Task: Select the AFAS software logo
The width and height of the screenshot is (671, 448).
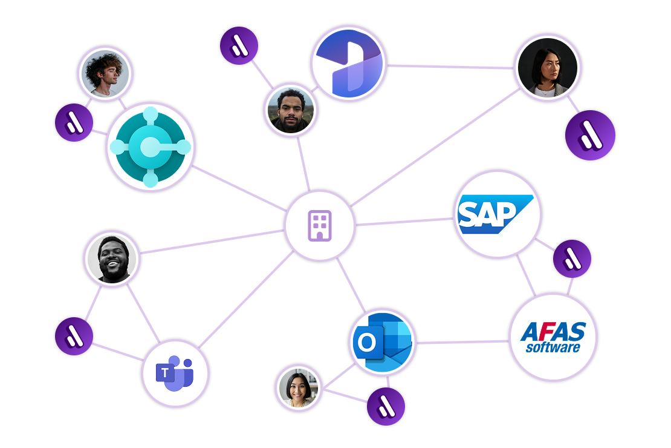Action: [553, 337]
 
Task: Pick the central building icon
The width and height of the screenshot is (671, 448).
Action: [320, 226]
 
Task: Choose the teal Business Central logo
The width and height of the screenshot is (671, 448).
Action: [150, 147]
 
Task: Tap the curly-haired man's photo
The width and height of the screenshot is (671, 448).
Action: [105, 74]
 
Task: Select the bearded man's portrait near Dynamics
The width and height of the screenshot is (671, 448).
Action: [291, 110]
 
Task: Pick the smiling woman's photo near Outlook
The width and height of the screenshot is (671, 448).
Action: [298, 388]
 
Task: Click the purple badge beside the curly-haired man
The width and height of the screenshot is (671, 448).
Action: [74, 122]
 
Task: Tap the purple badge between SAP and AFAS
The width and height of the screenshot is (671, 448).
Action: [572, 259]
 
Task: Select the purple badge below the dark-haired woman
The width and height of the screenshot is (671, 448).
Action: [590, 136]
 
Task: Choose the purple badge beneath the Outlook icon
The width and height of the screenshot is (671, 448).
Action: [386, 407]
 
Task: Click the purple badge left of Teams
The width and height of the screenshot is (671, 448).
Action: [74, 336]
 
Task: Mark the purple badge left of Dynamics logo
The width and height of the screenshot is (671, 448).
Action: [239, 45]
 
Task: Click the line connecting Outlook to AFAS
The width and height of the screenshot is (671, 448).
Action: [462, 342]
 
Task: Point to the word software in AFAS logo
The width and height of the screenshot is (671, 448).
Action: [553, 348]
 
